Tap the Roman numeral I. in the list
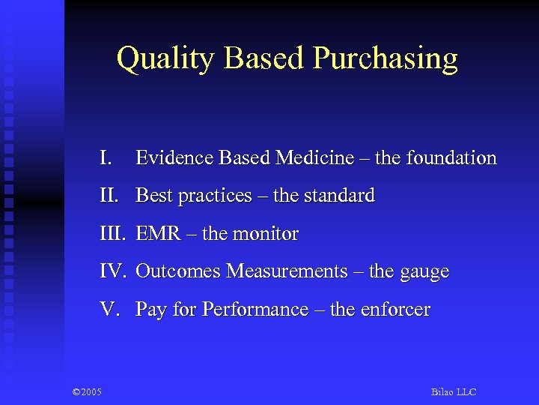point(106,158)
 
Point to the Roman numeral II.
point(109,196)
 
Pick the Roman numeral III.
point(113,234)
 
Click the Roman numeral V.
point(109,310)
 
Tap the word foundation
point(451,158)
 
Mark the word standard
point(340,196)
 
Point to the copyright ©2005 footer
point(88,392)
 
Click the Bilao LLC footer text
point(454,392)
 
